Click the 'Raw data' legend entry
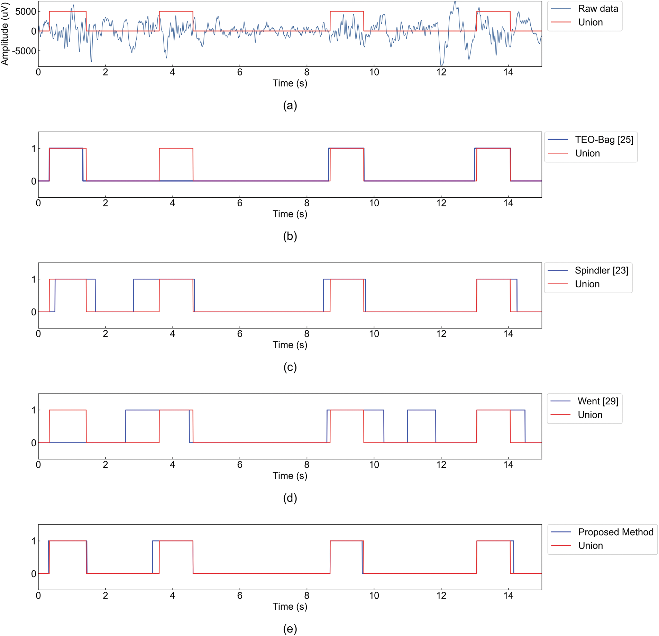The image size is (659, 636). pos(597,9)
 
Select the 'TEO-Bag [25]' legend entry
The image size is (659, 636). pos(604,140)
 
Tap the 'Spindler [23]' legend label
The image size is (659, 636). pos(601,270)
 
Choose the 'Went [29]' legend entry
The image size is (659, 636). pos(597,401)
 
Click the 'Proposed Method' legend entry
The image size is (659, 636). pos(615,532)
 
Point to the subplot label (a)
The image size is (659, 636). pos(290,105)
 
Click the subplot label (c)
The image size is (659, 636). pos(290,367)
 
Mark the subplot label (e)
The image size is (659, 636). pos(290,629)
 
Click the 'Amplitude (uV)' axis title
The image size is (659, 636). pos(5,34)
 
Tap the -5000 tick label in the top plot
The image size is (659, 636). pos(24,51)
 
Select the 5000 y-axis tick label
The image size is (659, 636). pos(26,11)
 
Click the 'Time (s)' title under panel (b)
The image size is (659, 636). pos(290,214)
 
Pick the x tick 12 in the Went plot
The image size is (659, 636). pos(441,465)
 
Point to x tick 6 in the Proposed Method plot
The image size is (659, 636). pos(240,595)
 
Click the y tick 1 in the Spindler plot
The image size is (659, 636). pos(34,279)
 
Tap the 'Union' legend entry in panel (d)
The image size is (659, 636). pos(590,415)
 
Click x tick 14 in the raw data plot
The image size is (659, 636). pos(508,72)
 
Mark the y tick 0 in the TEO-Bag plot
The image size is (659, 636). pos(34,181)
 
